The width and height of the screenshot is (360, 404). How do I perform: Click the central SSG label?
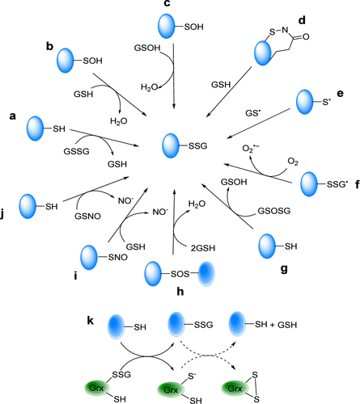pos(198,146)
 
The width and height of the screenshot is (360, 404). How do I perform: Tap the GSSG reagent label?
pos(76,151)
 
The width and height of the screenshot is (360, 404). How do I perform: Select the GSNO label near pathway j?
pos(87,216)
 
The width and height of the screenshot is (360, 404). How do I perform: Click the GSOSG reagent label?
pos(274,211)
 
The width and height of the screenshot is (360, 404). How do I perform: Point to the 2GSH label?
pos(203,248)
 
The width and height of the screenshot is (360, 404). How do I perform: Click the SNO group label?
pos(118,258)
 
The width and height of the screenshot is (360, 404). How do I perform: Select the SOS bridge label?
pos(180,274)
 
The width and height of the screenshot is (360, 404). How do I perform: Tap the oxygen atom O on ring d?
pos(306,36)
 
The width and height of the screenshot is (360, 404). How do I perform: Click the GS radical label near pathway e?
pos(254,113)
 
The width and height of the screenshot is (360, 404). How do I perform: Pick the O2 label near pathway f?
pos(293,162)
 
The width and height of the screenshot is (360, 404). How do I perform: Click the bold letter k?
pos(91,321)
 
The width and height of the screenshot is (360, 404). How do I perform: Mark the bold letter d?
pos(302,20)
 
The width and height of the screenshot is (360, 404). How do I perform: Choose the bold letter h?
pos(180,291)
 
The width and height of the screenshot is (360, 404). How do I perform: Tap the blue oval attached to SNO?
pos(89,258)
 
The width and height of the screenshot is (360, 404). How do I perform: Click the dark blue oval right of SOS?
pos(206,274)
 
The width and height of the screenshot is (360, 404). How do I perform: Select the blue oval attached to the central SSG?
pos(171,146)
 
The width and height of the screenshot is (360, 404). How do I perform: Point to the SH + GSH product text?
pos(276,325)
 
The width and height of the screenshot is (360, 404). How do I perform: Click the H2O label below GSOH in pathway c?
pos(149,87)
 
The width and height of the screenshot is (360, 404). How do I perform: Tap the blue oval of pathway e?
pos(305,102)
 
